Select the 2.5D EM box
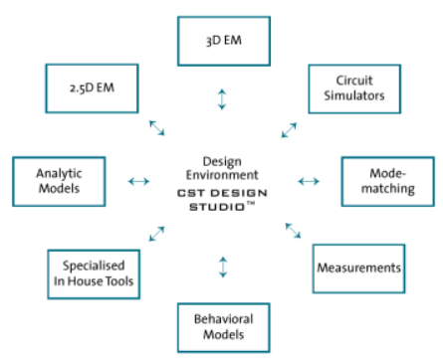pos(88,90)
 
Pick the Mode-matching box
pos(382,180)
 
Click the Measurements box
pos(357,268)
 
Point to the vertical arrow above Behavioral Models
pos(222,267)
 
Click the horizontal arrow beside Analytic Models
pos(138,181)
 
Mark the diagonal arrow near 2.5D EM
pos(157,126)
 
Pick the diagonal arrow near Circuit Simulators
pos(289,128)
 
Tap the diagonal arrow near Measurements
pos(293,230)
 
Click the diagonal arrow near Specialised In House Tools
pos(157,234)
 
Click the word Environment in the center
pos(222,173)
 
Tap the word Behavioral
pos(222,319)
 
